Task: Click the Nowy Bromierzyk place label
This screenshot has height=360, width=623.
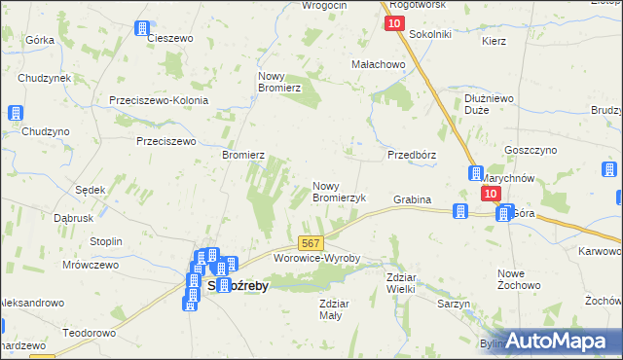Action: point(338,192)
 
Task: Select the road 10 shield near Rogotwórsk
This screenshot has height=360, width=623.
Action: point(394,24)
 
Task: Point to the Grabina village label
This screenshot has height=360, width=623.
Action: point(412,199)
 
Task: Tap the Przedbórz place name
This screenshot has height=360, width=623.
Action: point(411,155)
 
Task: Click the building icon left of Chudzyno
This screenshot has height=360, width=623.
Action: point(16,113)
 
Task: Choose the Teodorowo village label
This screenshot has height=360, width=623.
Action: point(90,332)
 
